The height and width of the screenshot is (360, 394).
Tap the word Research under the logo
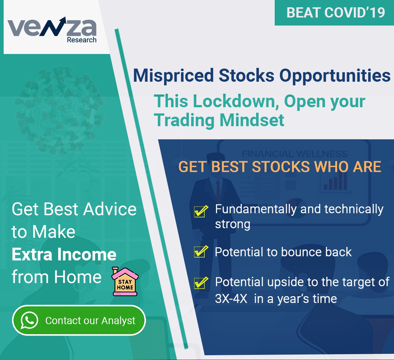(x=82, y=40)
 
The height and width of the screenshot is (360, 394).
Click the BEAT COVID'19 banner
(x=335, y=12)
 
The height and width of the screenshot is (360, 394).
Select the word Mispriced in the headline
(x=173, y=76)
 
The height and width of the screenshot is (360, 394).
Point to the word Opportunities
(x=335, y=76)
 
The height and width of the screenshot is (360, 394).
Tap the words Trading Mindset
(x=219, y=120)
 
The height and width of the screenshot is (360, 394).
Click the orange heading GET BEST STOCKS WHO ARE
(x=280, y=167)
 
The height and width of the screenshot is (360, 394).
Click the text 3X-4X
(x=231, y=299)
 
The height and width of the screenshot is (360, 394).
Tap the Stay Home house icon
(x=125, y=281)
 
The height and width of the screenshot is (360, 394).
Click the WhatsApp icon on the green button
(x=30, y=320)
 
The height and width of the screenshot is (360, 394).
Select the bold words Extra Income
(x=64, y=254)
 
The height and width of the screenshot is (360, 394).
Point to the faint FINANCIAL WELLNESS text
(x=294, y=154)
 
